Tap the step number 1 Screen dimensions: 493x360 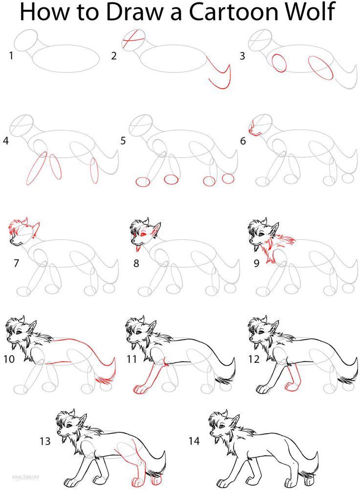[11, 56]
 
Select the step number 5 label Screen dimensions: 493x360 [123, 141]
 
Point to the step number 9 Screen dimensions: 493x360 [256, 263]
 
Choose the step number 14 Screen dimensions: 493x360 [194, 441]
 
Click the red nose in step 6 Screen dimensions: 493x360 [252, 131]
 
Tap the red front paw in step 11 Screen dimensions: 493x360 [139, 390]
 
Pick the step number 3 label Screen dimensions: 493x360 [242, 56]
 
